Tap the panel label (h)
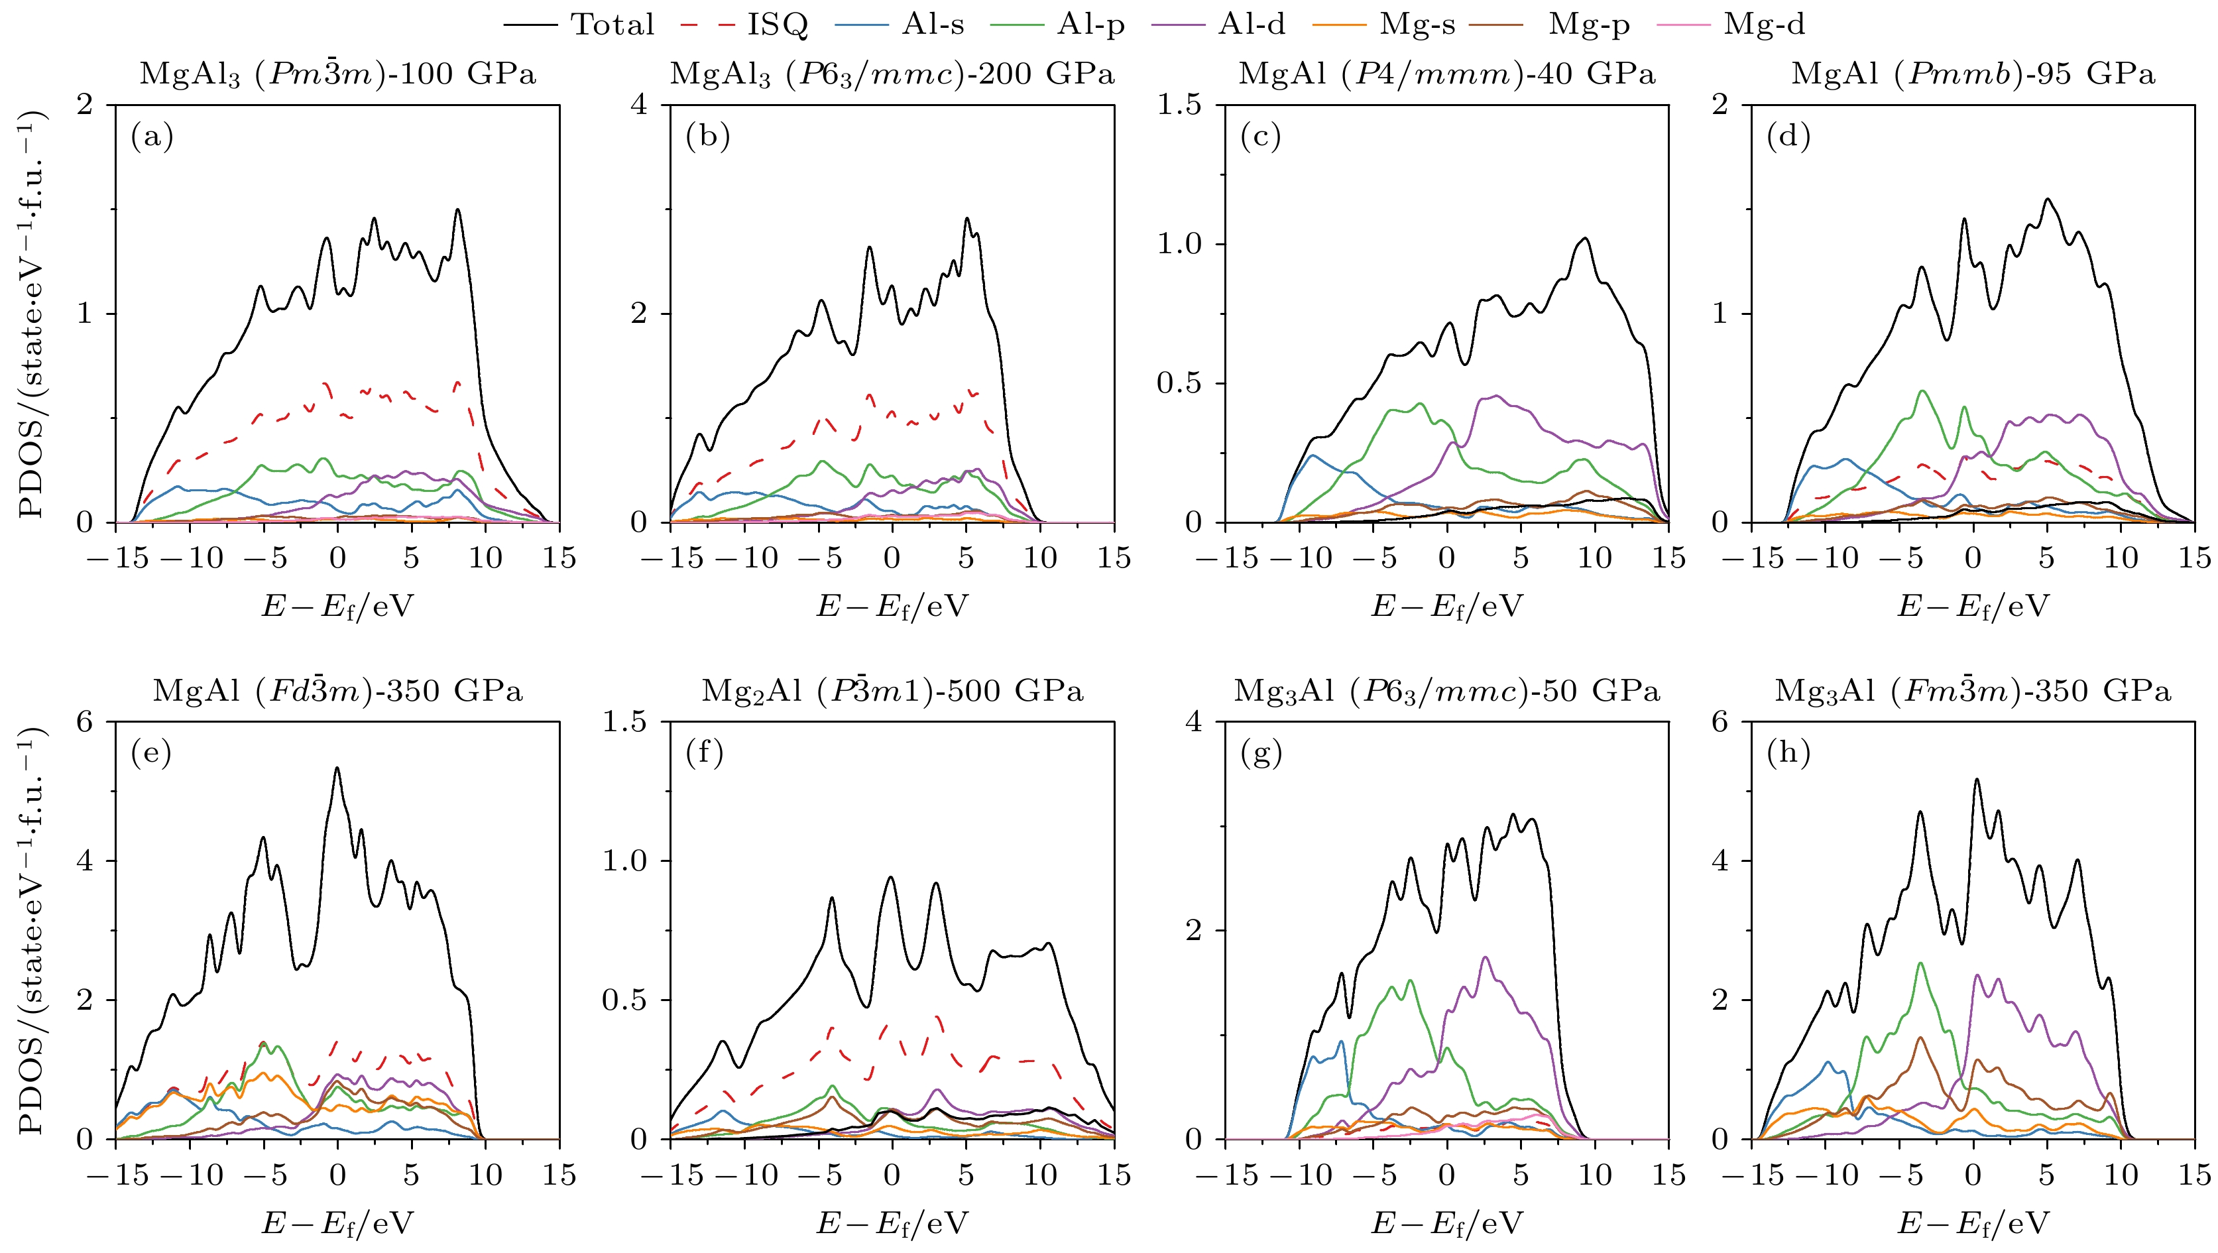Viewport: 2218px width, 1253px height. [1788, 754]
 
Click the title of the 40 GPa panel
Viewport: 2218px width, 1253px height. [1446, 74]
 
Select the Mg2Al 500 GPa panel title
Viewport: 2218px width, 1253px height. [892, 691]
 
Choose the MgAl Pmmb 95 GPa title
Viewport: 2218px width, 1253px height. [1973, 74]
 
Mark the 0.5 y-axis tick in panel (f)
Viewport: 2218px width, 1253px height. [625, 1000]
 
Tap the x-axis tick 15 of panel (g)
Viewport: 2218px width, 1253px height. [1668, 1175]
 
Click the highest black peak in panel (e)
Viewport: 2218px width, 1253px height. [337, 768]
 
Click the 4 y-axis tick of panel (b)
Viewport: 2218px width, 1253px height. [639, 105]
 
